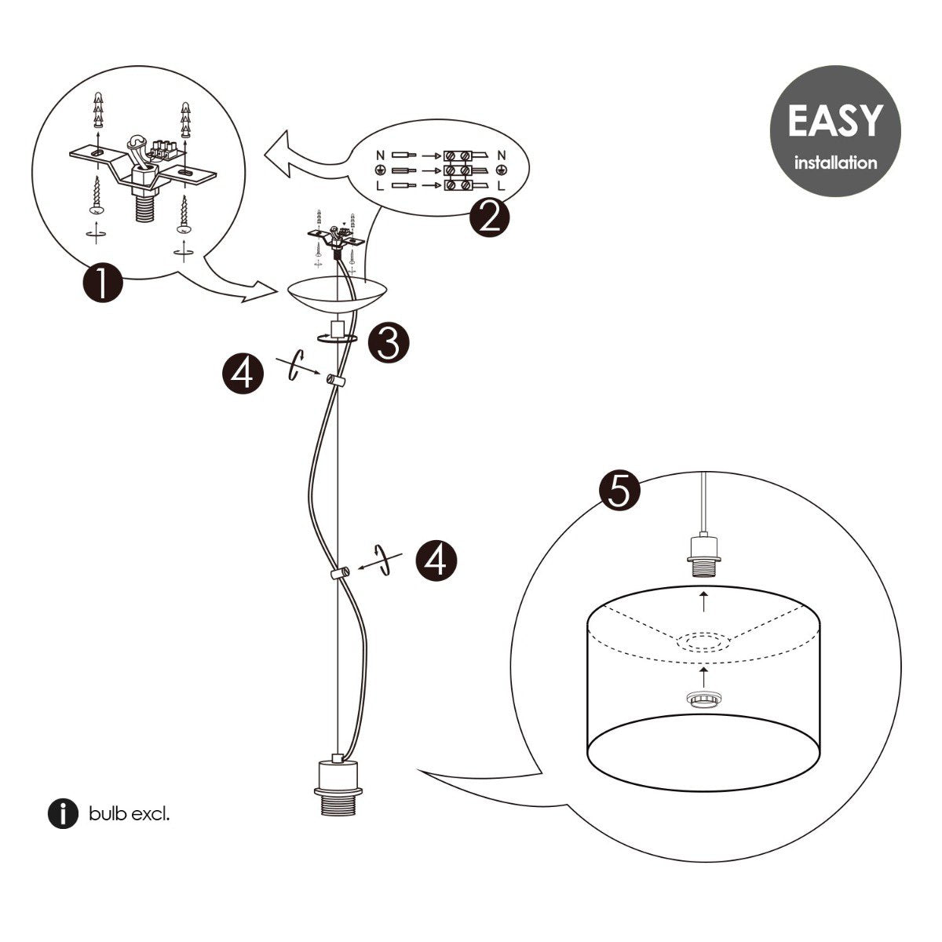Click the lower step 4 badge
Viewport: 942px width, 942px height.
point(435,560)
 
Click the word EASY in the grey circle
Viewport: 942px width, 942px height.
point(834,121)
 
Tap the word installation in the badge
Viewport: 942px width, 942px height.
point(835,163)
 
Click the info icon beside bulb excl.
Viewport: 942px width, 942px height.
point(64,814)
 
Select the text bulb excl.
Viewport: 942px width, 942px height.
point(129,814)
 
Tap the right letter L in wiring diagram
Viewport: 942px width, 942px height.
point(502,186)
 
